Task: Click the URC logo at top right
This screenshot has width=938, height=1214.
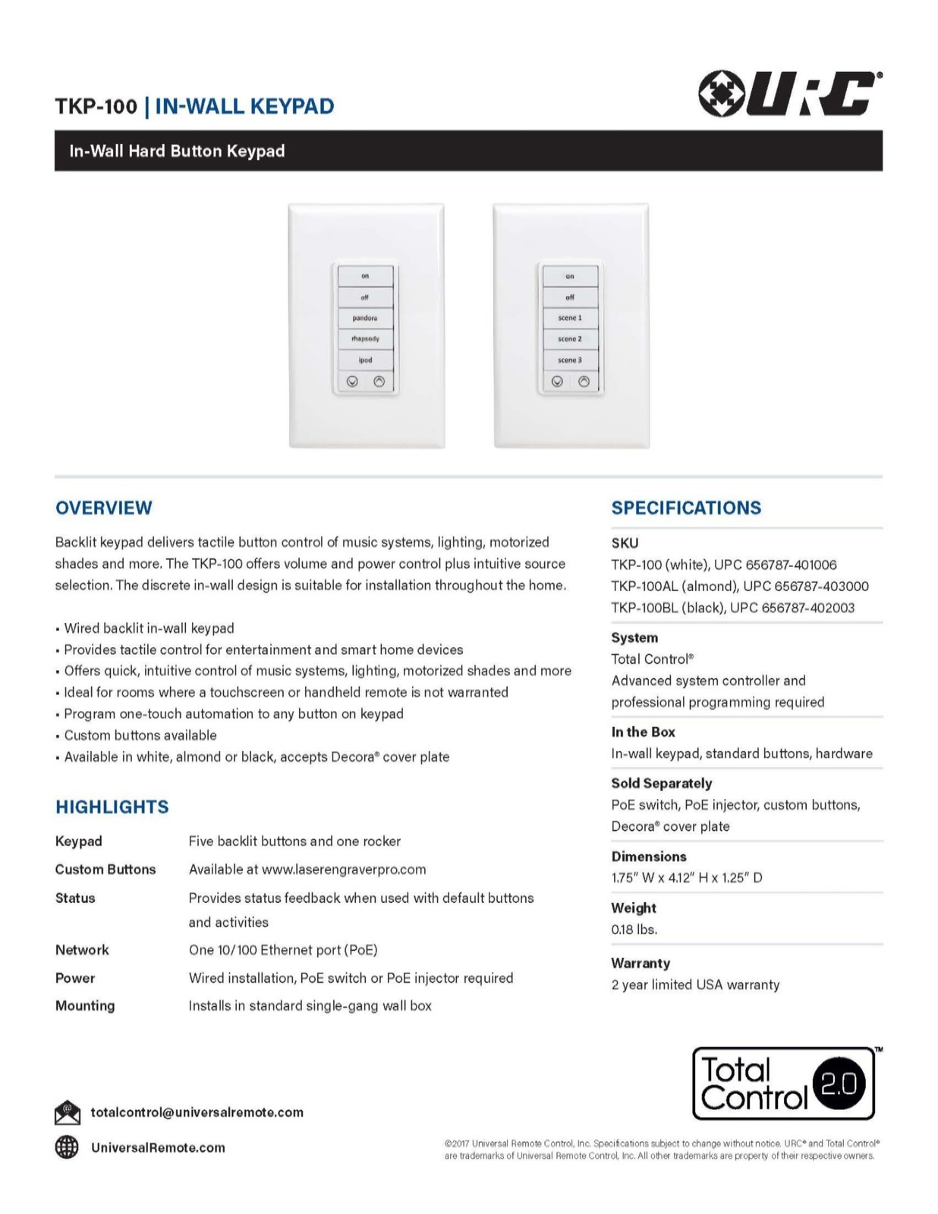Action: tap(789, 94)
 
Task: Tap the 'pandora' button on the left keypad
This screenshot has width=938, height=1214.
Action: tap(365, 318)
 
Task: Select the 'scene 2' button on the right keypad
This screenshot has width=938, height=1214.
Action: tap(570, 339)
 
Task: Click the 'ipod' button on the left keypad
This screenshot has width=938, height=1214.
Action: tap(365, 360)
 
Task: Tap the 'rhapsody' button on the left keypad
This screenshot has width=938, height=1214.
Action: tap(365, 339)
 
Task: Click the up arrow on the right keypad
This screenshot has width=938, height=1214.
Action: tap(584, 382)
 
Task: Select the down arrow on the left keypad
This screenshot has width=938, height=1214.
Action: tap(352, 382)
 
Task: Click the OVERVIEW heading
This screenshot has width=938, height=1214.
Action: tap(104, 508)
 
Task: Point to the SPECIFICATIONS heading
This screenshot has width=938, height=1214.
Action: tap(686, 508)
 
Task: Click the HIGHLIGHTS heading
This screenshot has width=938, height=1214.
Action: tap(112, 807)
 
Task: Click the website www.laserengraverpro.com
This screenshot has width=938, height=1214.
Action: tap(344, 870)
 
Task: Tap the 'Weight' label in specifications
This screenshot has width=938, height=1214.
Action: tap(634, 908)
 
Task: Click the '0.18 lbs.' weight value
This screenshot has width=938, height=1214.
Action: tap(634, 929)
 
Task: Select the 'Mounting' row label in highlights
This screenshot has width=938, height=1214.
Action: tap(85, 1006)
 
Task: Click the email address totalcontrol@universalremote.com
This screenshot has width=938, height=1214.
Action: tap(197, 1112)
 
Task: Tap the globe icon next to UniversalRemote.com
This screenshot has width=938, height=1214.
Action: tap(67, 1147)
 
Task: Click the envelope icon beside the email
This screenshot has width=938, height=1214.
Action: tap(68, 1112)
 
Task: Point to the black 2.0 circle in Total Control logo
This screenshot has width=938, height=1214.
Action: tap(839, 1083)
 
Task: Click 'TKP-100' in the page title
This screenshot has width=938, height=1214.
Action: tap(96, 106)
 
